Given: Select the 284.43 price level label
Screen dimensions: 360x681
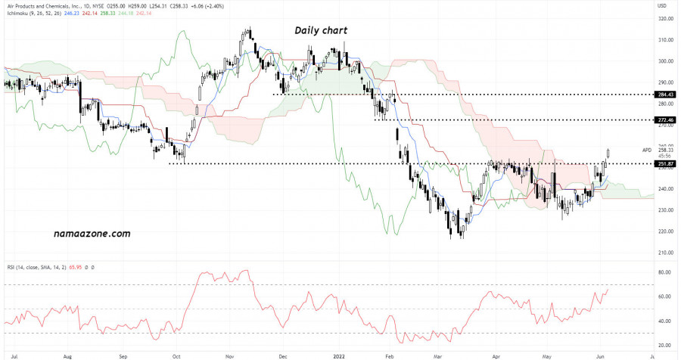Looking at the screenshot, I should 666,95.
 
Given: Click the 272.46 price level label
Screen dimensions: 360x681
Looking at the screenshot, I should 666,120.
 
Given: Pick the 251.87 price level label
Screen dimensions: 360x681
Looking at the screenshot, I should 666,164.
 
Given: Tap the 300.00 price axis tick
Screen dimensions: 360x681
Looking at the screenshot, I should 667,61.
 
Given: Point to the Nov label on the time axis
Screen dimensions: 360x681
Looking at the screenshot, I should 229,353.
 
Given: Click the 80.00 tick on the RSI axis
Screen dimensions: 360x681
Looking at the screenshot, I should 665,272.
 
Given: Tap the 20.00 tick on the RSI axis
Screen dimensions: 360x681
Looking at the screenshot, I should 665,346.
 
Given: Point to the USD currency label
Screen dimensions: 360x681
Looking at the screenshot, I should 662,6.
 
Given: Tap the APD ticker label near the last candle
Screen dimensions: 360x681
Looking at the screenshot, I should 647,150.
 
